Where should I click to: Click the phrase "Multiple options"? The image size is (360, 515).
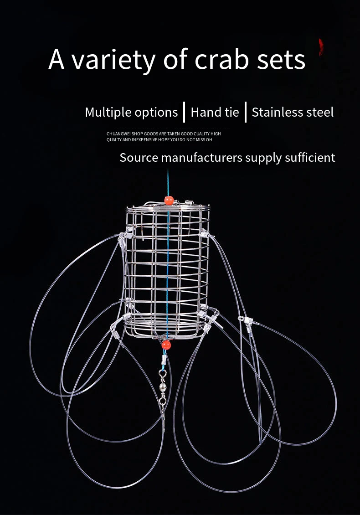(131, 112)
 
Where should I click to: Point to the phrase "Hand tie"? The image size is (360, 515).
(215, 112)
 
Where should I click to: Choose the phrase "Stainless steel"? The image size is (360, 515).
(293, 112)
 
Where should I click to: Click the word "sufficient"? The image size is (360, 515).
(310, 158)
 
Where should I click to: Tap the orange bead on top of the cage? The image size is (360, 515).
(168, 200)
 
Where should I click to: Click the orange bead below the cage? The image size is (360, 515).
(166, 345)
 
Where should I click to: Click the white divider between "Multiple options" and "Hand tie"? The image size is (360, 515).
(184, 112)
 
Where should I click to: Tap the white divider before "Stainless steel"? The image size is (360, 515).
(246, 112)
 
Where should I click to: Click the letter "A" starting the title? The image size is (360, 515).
(57, 60)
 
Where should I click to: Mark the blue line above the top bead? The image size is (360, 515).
(168, 182)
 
